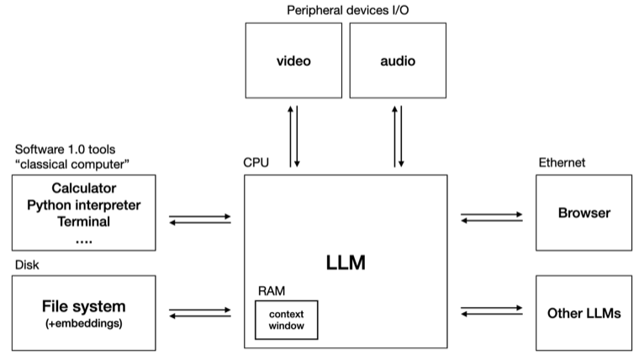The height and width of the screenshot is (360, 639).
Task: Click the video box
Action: tap(293, 61)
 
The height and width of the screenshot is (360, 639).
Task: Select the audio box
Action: tap(398, 61)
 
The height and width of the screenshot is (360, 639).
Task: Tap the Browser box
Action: tap(584, 213)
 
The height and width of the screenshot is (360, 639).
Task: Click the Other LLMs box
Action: tap(584, 313)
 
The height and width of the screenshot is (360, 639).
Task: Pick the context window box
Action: tap(287, 320)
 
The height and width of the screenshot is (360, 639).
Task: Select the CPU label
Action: tap(256, 162)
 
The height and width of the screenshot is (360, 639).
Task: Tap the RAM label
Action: tap(271, 290)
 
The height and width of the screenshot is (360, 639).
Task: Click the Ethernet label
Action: tap(560, 162)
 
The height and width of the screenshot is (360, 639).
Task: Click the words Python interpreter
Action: tap(83, 205)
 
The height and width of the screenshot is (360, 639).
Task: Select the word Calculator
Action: tap(83, 188)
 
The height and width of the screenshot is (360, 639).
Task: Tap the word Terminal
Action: tap(83, 222)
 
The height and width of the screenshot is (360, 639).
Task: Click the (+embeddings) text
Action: tap(83, 325)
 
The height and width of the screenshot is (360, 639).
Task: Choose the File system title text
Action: tap(83, 306)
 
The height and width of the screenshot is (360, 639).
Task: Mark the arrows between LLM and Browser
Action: tap(490, 219)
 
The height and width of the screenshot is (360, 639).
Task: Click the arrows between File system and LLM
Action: tap(199, 313)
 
